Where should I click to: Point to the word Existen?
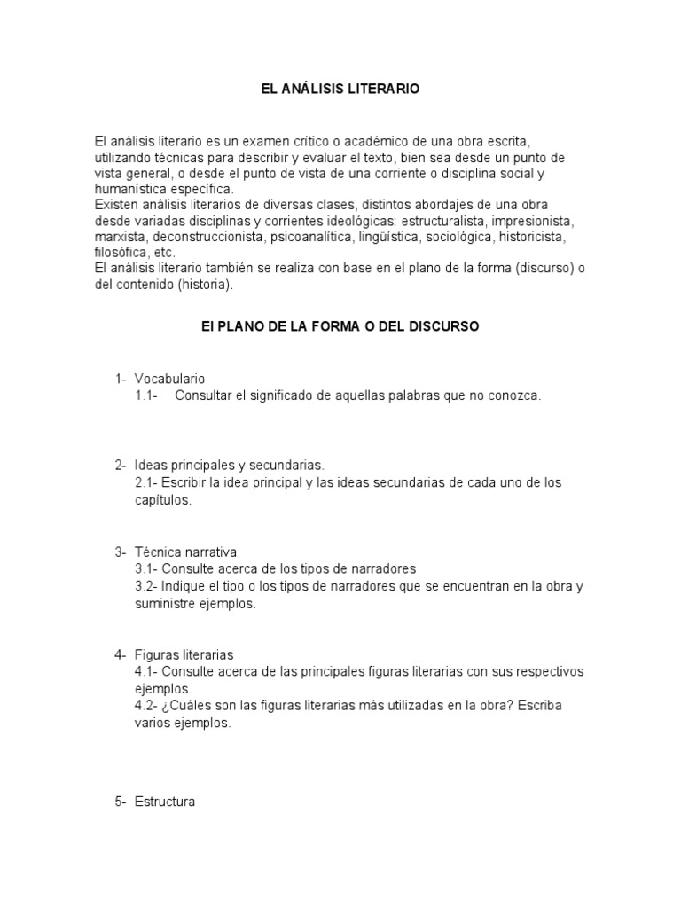(x=116, y=205)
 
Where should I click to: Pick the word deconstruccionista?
(x=208, y=237)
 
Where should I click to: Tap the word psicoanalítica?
(x=310, y=237)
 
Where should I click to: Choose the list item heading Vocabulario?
(x=170, y=379)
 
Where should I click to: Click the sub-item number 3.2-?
(x=147, y=586)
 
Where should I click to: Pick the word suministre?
(x=167, y=603)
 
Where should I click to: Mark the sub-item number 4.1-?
(x=147, y=671)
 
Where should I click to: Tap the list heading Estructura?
(x=165, y=802)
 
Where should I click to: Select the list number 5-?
(x=121, y=802)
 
